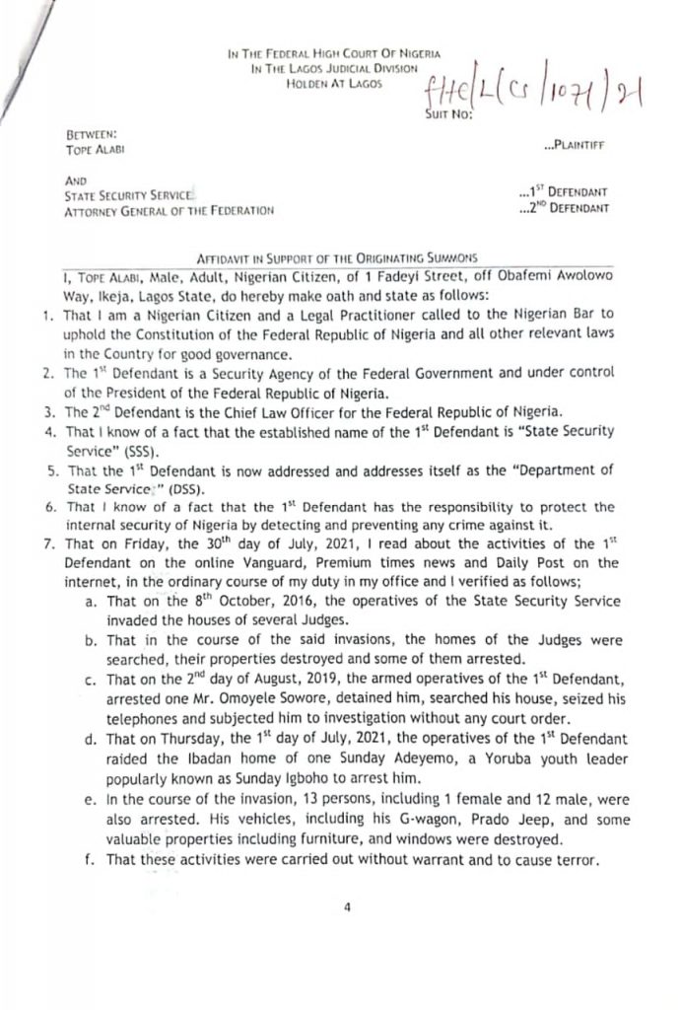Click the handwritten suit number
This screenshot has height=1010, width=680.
pyautogui.click(x=520, y=97)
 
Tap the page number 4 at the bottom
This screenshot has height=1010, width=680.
pyautogui.click(x=349, y=908)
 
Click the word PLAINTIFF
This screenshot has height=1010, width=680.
pyautogui.click(x=578, y=146)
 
